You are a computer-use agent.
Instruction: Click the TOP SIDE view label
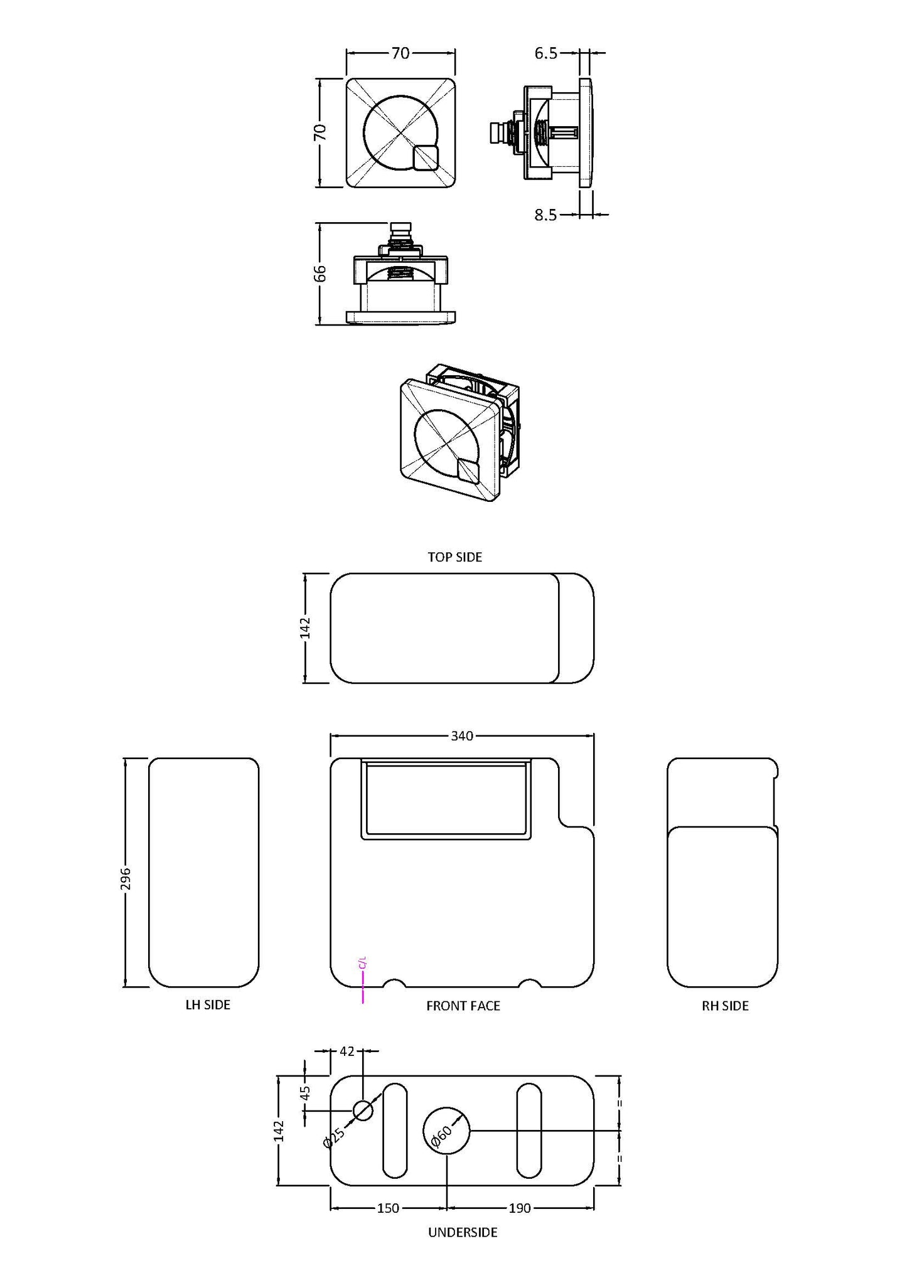pyautogui.click(x=454, y=557)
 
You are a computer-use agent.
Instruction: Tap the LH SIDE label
pyautogui.click(x=208, y=1004)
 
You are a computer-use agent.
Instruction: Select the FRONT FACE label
pyautogui.click(x=463, y=1006)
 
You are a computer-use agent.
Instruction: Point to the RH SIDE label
pyautogui.click(x=725, y=1006)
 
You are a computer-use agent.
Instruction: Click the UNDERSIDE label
pyautogui.click(x=463, y=1232)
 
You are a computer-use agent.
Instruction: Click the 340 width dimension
pyautogui.click(x=462, y=736)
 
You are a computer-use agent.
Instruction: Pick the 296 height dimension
pyautogui.click(x=126, y=878)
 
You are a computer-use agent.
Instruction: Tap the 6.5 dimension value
pyautogui.click(x=545, y=53)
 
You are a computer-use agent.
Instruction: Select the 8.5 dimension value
pyautogui.click(x=545, y=215)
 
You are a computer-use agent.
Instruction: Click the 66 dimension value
pyautogui.click(x=320, y=273)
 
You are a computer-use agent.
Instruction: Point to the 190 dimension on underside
pyautogui.click(x=520, y=1208)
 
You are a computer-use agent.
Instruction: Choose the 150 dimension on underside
pyautogui.click(x=389, y=1208)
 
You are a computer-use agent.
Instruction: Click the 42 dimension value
pyautogui.click(x=347, y=1051)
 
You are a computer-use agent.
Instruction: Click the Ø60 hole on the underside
pyautogui.click(x=446, y=1129)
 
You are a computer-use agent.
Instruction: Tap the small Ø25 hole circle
pyautogui.click(x=363, y=1110)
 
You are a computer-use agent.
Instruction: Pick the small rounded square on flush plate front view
pyautogui.click(x=426, y=157)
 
